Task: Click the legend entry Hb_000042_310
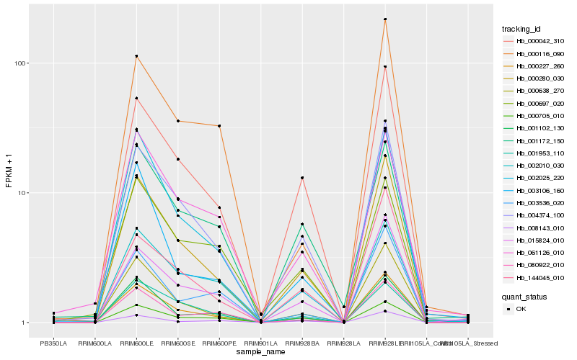(x=535, y=41)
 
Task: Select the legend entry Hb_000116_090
(x=535, y=54)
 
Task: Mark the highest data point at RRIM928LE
(x=385, y=19)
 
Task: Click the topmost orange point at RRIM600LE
(x=136, y=56)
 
